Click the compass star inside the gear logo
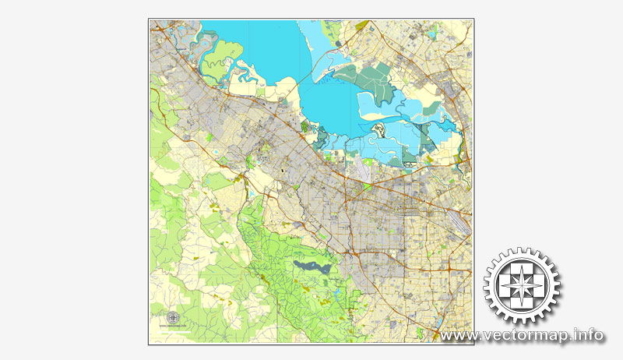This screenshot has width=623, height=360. pos(522,286)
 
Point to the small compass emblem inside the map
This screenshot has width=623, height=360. pos(172,316)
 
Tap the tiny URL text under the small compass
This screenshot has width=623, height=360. pos(172,325)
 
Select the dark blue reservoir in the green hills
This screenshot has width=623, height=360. pos(311,267)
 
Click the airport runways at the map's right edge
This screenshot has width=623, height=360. pos(464,221)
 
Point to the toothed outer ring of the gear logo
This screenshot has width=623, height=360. pos(522,254)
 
